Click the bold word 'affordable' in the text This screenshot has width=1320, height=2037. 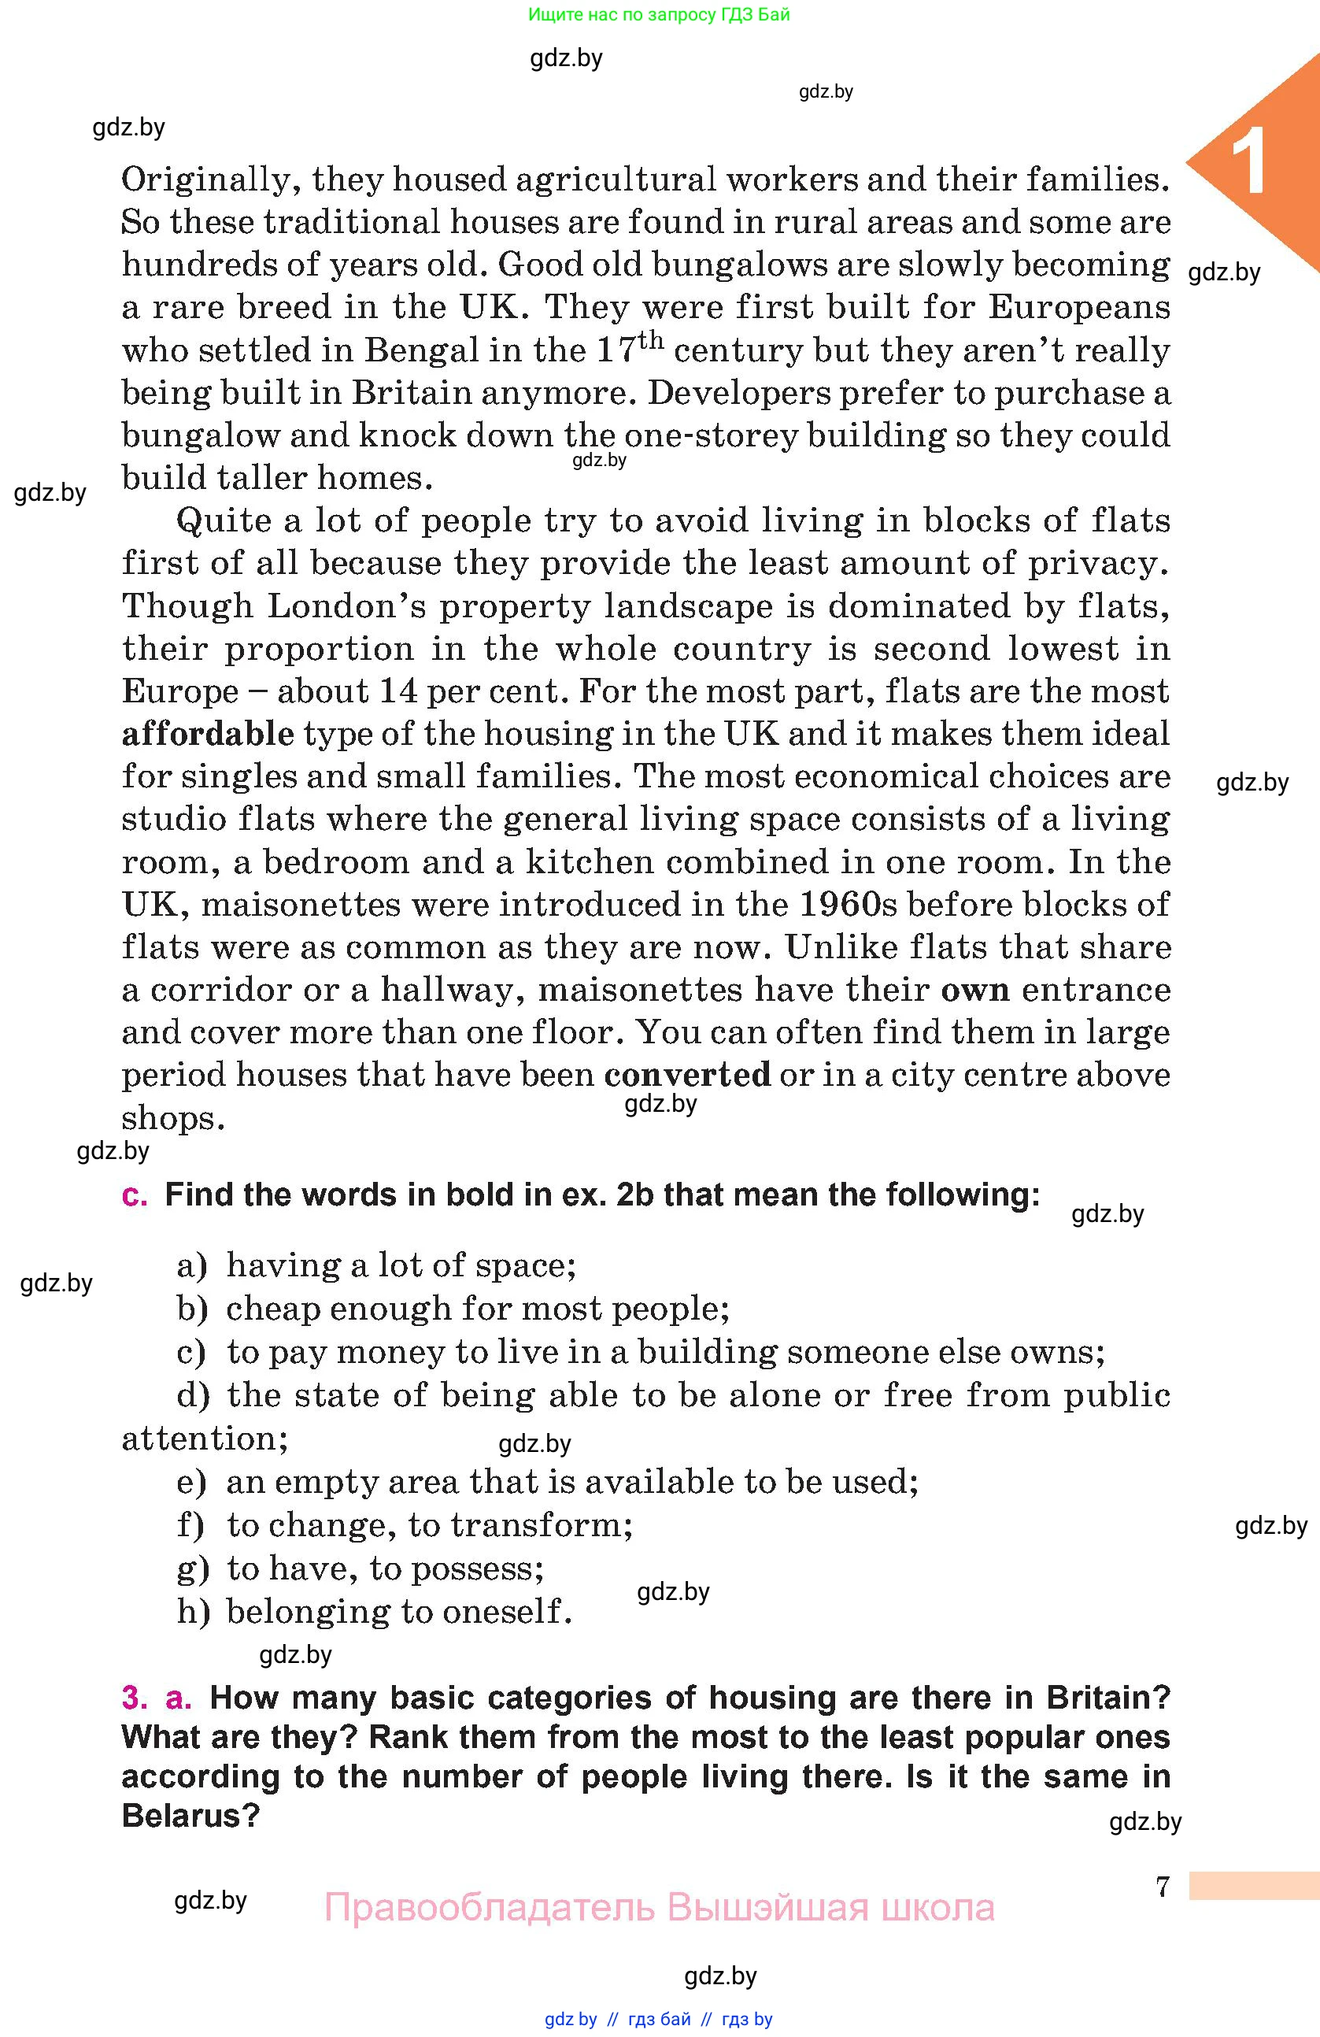coord(208,735)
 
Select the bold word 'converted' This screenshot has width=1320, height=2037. coord(687,1075)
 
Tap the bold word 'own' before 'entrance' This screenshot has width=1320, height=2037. coord(974,991)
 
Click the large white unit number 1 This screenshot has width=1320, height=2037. coord(1250,163)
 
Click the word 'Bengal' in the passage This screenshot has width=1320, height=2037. coord(417,350)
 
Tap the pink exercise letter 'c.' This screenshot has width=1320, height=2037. coord(135,1194)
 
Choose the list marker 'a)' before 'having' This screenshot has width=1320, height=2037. coord(191,1266)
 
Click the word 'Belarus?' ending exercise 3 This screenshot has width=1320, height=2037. coord(190,1815)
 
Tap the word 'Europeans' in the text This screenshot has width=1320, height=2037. coord(1079,307)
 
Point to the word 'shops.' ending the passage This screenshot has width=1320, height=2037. coord(173,1119)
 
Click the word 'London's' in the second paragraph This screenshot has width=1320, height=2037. coord(346,606)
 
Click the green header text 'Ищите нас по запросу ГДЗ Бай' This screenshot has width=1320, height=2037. coord(659,14)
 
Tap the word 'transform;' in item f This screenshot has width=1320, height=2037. coord(542,1525)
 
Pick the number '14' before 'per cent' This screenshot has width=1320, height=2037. coord(397,691)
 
